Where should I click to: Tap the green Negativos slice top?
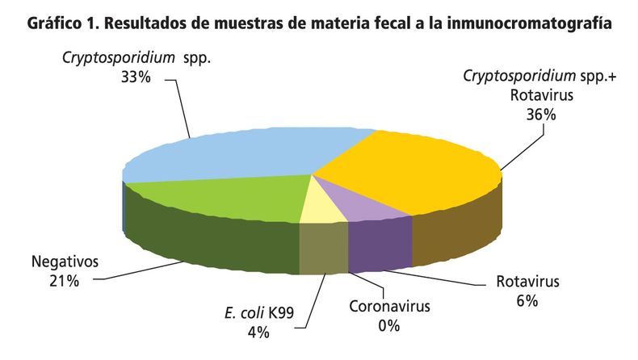point(218,198)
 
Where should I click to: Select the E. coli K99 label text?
point(258,311)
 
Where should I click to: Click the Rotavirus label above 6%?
point(527,283)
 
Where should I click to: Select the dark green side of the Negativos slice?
point(202,238)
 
